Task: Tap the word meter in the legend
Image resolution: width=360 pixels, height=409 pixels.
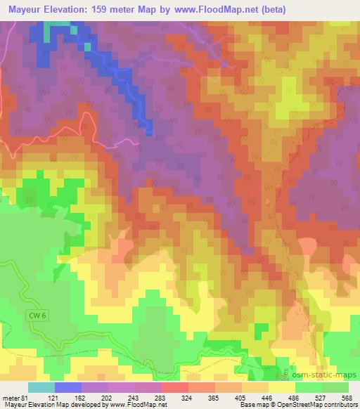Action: (10, 398)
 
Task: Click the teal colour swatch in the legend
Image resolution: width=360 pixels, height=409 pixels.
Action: (41, 388)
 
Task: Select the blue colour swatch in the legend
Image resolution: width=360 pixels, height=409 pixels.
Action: (68, 388)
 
